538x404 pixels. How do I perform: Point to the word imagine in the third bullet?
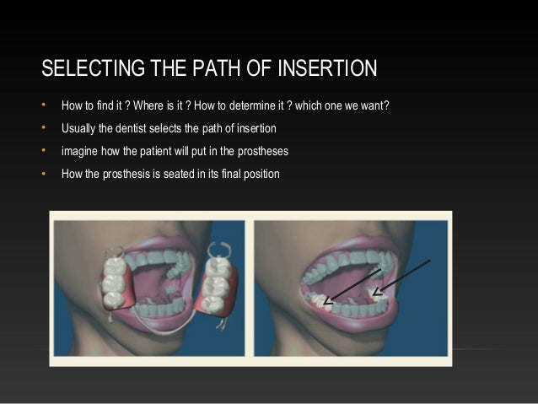(x=79, y=151)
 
